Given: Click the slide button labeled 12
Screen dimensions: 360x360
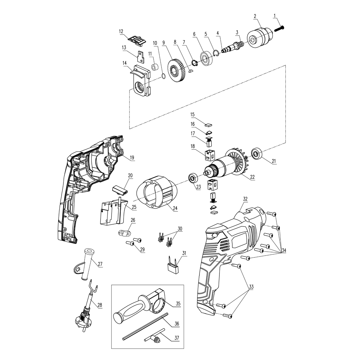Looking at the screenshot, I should point(136,40).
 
